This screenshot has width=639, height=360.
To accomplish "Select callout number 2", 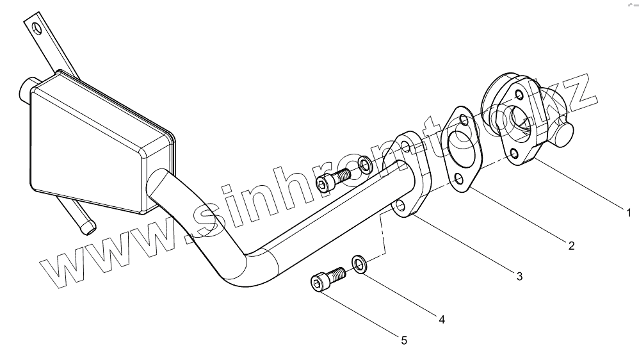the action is [x=571, y=245].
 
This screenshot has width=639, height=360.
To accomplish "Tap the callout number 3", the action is [x=519, y=276].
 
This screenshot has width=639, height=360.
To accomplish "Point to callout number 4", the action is [x=441, y=318].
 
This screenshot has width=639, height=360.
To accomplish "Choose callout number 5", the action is [x=403, y=340].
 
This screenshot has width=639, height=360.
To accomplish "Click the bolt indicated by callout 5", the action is [x=327, y=281].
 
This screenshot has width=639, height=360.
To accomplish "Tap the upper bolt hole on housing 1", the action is [x=518, y=95].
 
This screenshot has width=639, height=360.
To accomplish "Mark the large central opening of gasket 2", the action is [x=460, y=148].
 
